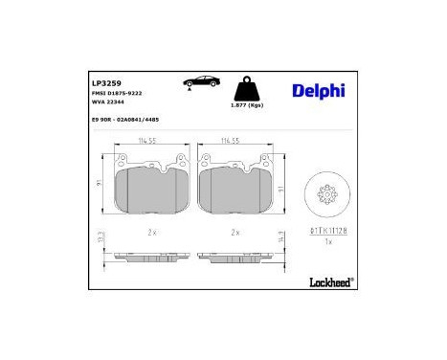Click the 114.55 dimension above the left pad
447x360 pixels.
tap(149, 141)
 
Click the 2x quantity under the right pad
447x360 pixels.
tap(234, 233)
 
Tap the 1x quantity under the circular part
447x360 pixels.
tap(328, 241)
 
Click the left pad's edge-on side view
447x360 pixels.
tap(149, 259)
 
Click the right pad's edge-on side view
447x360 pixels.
tap(234, 259)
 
